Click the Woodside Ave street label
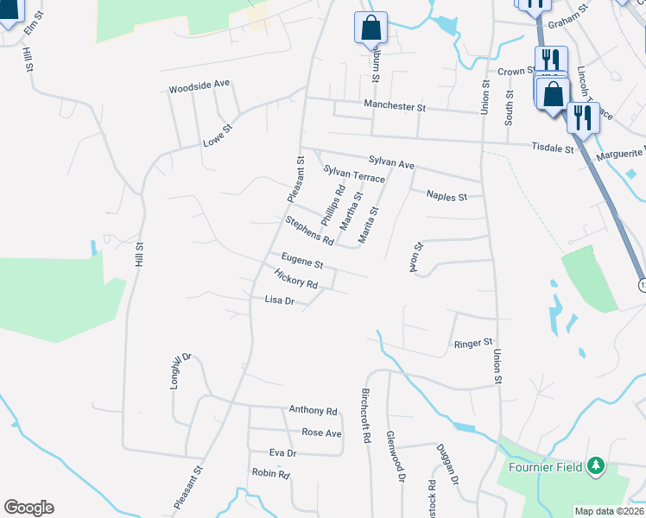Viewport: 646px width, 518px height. click(199, 87)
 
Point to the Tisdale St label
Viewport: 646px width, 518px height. click(553, 148)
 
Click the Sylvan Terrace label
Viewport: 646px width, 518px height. click(354, 175)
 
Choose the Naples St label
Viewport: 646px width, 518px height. click(446, 196)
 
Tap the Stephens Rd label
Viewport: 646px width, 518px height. click(309, 230)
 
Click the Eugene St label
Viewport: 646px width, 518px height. click(302, 261)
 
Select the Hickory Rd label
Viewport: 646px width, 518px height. click(295, 279)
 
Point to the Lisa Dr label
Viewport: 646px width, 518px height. click(280, 300)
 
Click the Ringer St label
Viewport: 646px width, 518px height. click(472, 344)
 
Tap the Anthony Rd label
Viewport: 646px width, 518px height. click(313, 411)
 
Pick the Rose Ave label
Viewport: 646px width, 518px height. click(321, 433)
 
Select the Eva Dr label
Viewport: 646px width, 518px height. click(282, 452)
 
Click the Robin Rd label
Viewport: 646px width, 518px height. click(270, 473)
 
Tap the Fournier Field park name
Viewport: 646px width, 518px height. click(542, 468)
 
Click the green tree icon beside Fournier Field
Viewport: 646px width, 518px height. click(594, 467)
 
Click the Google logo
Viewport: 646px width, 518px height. click(28, 508)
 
